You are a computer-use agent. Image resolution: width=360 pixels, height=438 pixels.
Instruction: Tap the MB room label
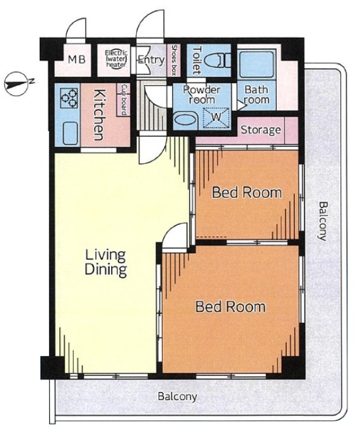pos(76,59)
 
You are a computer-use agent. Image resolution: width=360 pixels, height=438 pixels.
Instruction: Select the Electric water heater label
pos(116,59)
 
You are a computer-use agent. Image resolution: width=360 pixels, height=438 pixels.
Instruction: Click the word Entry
pos(151,60)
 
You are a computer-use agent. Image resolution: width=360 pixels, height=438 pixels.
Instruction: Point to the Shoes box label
pos(174,60)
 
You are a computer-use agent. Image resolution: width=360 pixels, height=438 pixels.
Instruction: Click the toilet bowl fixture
pos(218,61)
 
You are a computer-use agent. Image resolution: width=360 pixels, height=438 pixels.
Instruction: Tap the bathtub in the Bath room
pos(257,64)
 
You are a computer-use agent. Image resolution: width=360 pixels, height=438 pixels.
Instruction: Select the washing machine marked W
pos(216,118)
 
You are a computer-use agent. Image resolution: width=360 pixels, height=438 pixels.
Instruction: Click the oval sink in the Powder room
pos(185,120)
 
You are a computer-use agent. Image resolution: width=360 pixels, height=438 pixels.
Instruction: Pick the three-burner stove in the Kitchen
pos(69,98)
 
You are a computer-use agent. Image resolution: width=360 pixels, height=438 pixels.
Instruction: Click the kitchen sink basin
pos(70,133)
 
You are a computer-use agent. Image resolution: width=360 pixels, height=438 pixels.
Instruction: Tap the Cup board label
pos(124,100)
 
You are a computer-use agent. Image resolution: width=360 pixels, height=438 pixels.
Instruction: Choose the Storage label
pos(261,130)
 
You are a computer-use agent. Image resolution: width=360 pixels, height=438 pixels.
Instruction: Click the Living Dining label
pos(106,263)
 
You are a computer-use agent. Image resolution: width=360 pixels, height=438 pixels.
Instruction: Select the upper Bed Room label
pos(247,193)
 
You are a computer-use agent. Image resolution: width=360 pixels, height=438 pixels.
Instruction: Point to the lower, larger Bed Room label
pos(230,306)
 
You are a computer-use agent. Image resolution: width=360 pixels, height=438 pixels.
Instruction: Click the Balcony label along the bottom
pos(177,396)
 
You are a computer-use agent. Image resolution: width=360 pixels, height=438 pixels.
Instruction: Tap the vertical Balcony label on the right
pos(323,221)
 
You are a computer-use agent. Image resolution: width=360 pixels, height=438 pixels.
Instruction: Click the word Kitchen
pos(100,115)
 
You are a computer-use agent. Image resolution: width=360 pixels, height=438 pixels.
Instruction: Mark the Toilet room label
pos(197,60)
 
